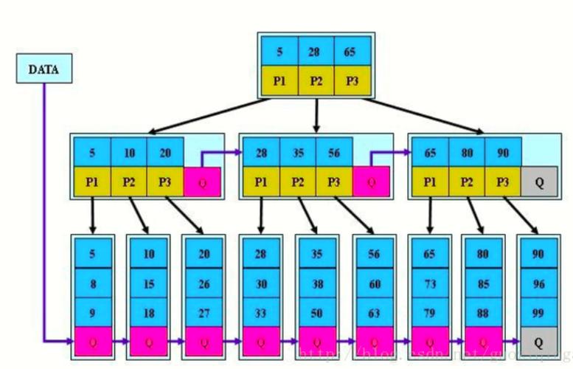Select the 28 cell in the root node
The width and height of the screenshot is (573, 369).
click(316, 52)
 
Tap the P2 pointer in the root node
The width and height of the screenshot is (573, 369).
click(316, 81)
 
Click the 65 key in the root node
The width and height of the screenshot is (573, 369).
click(351, 52)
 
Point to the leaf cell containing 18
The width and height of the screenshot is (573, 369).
click(149, 313)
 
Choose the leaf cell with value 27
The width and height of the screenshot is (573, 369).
click(205, 313)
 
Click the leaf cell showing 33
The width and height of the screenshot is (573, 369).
click(261, 313)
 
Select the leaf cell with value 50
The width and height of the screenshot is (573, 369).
click(317, 313)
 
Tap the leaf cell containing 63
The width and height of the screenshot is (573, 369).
click(374, 313)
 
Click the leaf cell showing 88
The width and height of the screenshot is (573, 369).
click(484, 313)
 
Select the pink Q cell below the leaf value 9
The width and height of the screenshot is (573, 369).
click(93, 341)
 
